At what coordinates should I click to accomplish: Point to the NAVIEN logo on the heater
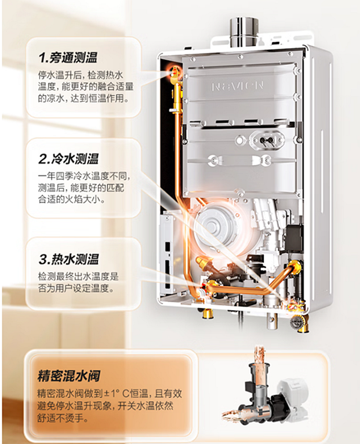[238, 86]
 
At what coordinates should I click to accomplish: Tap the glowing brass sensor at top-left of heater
[175, 75]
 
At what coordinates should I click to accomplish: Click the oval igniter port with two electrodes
[265, 139]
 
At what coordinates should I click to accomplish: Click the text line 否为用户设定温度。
[76, 288]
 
